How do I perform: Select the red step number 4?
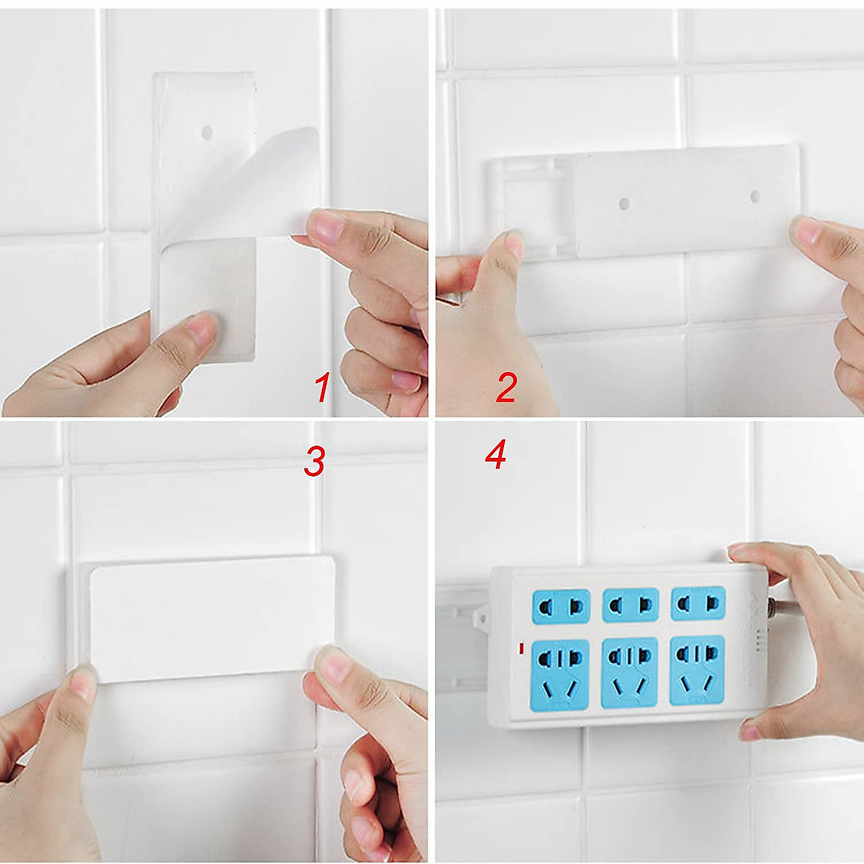coord(496,454)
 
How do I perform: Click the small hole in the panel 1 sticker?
coord(206,132)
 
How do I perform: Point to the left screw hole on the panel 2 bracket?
coord(623,204)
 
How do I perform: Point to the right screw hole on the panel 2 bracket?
coord(755,196)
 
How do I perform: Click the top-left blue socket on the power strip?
coord(561,606)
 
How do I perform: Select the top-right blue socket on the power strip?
coord(698,603)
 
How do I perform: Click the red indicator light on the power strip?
coord(521,648)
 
